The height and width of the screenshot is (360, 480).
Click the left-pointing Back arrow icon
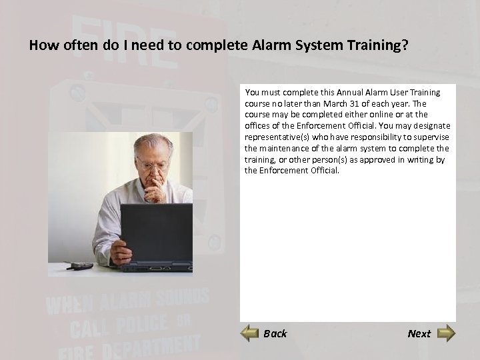[x=249, y=333]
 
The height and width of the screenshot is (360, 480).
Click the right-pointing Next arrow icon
[x=446, y=333]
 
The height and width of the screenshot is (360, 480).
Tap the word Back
[x=275, y=333]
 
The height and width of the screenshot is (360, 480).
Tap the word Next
[x=419, y=333]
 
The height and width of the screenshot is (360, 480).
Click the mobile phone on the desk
[x=80, y=265]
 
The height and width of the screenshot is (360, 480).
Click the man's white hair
[x=152, y=141]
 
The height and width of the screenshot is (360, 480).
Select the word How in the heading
[x=41, y=46]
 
